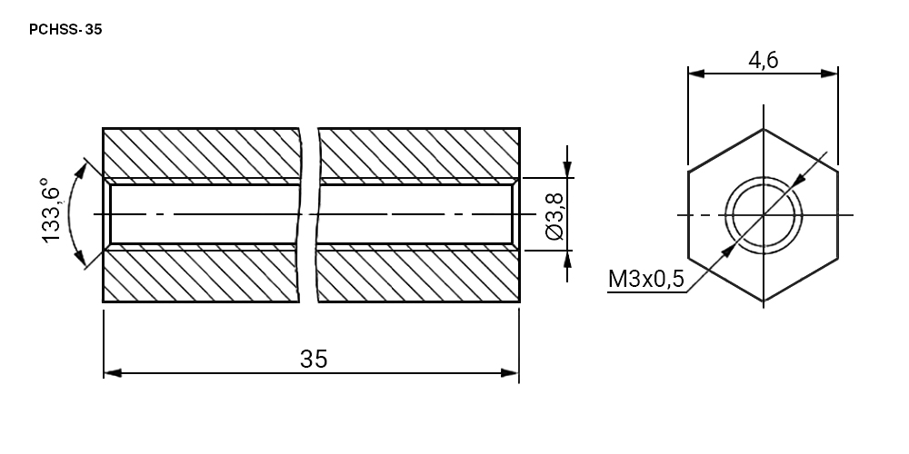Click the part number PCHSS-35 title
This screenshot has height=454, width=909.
pos(65,30)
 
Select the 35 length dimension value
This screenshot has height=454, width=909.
pos(314,359)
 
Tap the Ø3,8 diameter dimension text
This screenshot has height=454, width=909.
pos(554,216)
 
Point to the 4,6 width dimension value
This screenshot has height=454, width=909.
pos(763,60)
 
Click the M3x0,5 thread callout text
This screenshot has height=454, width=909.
pos(645,279)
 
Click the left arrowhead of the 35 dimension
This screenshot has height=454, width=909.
pos(113,373)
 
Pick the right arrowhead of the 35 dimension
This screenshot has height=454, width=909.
pos(510,373)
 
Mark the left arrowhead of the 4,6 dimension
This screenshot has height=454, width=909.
pos(697,74)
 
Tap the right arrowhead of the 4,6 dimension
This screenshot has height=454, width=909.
pos(830,74)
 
